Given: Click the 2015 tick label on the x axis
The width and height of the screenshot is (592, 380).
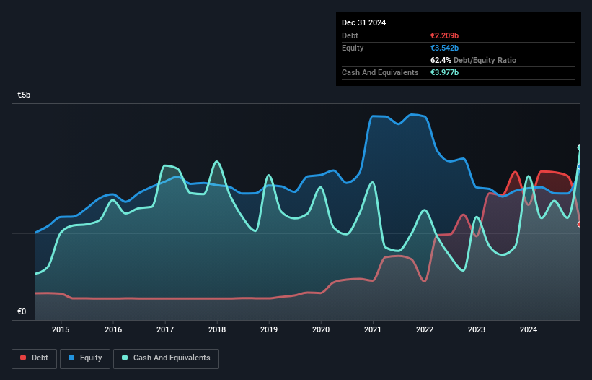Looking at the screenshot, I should [x=61, y=330].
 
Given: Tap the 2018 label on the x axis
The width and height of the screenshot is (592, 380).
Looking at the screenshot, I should [x=217, y=330].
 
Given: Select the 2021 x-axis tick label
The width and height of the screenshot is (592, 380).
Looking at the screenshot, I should [x=373, y=330].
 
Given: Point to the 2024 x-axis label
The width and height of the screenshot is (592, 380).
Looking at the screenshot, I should [x=529, y=330].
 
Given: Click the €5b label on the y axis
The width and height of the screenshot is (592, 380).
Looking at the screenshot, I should [x=25, y=95].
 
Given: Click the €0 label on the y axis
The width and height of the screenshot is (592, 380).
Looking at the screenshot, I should [x=22, y=312].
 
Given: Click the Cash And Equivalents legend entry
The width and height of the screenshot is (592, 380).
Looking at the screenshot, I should [x=166, y=358].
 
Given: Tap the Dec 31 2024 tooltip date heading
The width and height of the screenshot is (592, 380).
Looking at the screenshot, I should [x=364, y=22].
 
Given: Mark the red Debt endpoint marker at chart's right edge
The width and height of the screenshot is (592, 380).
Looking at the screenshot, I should [x=580, y=224].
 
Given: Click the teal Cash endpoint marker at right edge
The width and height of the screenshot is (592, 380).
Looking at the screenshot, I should [x=580, y=147].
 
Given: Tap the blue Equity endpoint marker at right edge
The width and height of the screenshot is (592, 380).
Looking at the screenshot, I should [x=580, y=166].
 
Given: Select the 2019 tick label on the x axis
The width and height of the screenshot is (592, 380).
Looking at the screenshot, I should [x=269, y=330].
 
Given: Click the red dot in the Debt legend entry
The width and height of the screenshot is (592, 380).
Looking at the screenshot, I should [x=23, y=358].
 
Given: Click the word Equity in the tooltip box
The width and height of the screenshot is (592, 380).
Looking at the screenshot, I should [x=353, y=48].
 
